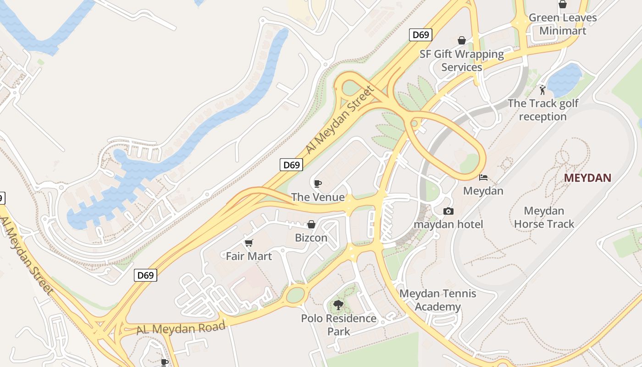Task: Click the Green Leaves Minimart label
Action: point(563,24)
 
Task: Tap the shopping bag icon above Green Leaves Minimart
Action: point(563,5)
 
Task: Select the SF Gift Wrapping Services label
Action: point(462,61)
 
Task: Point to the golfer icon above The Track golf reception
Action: point(543,89)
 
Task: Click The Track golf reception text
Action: point(543,110)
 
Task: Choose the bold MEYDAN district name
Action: point(587,178)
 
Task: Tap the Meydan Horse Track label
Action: point(544,217)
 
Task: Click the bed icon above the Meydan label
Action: point(483,177)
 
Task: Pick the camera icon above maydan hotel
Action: point(448,211)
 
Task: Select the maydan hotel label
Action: point(448,224)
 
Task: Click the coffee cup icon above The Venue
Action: point(317,184)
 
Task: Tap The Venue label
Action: point(318,197)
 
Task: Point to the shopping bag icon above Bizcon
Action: point(311,224)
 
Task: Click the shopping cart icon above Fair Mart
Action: point(249,243)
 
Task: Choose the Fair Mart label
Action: point(249,256)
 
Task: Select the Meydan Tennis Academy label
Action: point(438,300)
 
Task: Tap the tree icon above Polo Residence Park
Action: point(338,305)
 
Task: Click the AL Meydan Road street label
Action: point(181,328)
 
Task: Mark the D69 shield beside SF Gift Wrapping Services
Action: point(421,35)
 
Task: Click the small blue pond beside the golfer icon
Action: point(565,78)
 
